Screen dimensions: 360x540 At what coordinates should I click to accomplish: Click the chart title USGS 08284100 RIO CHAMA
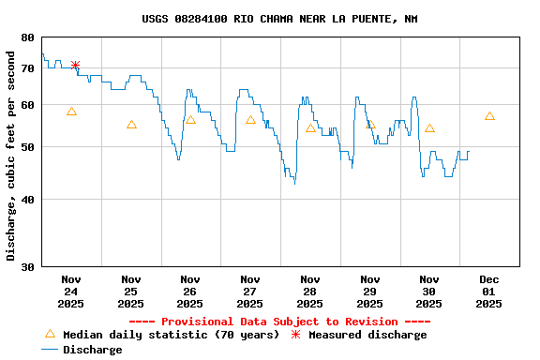(x=279, y=19)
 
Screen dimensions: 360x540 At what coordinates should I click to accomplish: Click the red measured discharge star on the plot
(x=75, y=65)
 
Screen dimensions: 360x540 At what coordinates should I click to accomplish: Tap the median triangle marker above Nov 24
(x=71, y=112)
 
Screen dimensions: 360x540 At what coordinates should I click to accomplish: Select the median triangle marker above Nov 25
(x=131, y=125)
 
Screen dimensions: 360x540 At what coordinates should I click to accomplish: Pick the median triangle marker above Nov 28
(x=310, y=128)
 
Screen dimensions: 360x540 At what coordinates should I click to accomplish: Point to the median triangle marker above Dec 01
(x=489, y=116)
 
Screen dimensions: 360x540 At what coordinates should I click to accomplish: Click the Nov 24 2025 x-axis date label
(x=71, y=292)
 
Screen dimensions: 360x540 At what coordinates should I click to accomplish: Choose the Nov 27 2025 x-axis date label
(x=250, y=292)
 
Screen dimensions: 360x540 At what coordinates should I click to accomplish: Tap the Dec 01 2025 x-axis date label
(x=489, y=292)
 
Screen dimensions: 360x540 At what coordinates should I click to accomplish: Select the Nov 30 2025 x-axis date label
(x=429, y=292)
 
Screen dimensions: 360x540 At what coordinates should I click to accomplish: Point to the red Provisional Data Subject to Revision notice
(x=279, y=322)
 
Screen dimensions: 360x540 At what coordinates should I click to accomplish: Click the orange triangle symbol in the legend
(x=50, y=334)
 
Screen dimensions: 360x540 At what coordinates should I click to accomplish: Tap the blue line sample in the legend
(x=50, y=350)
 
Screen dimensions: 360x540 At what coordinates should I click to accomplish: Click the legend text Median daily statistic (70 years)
(x=171, y=335)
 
